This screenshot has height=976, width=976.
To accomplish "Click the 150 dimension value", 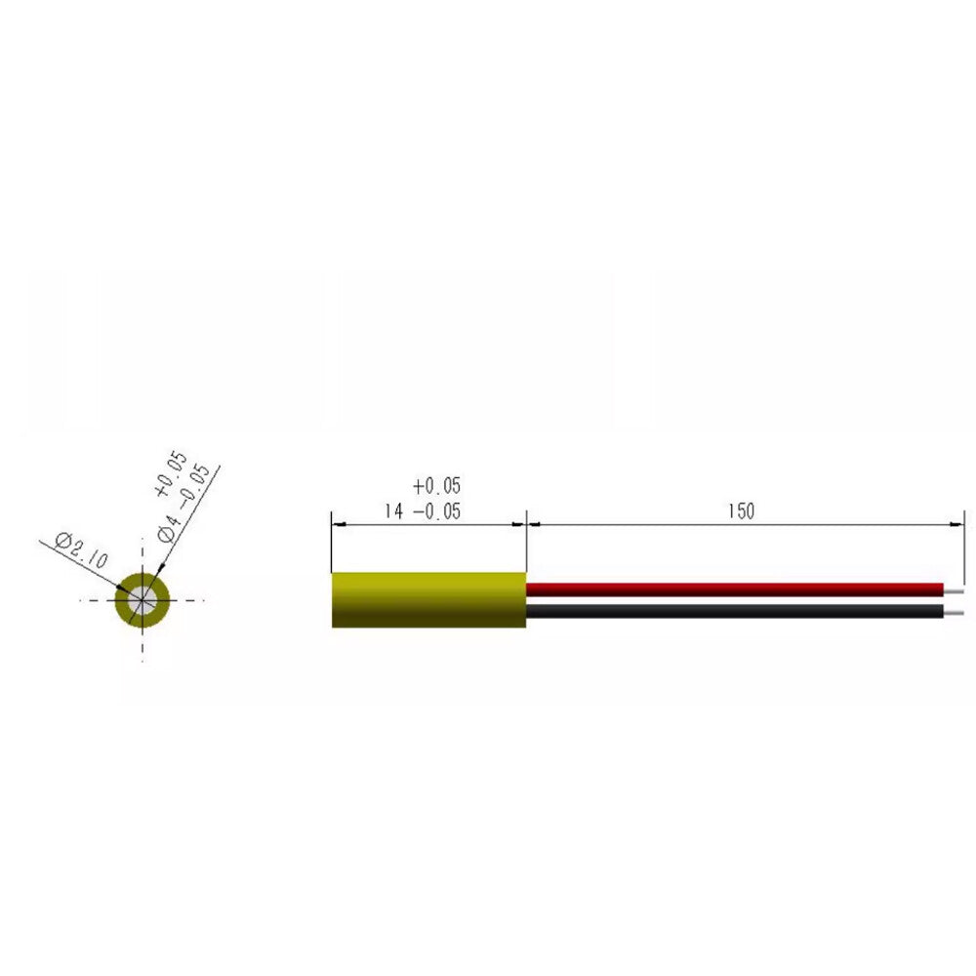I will click(741, 511).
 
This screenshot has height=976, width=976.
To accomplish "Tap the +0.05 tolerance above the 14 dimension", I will click(435, 486).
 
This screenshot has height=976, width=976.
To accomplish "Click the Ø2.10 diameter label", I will click(84, 549).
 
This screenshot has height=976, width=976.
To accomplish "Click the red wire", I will click(732, 589).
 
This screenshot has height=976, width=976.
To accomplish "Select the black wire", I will click(732, 612).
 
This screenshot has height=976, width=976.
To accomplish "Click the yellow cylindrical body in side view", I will click(428, 599).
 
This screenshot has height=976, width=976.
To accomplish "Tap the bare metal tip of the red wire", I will click(955, 590).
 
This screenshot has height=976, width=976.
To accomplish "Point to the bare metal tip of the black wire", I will click(955, 613).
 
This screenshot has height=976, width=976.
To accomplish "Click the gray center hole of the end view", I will click(142, 600).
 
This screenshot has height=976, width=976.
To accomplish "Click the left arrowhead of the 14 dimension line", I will click(339, 524).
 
